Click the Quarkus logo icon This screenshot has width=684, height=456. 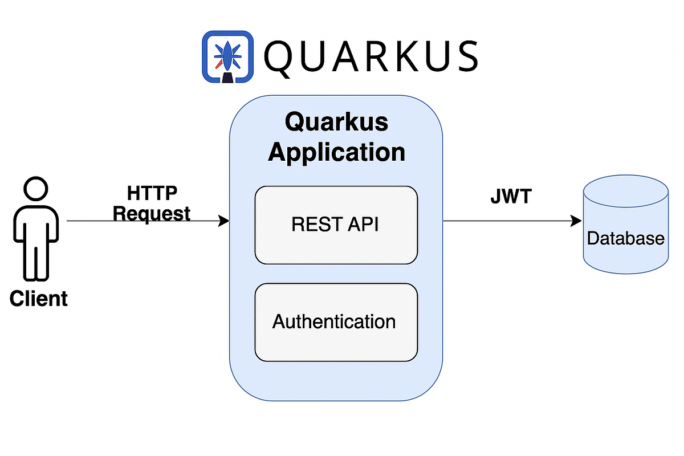[x=227, y=57]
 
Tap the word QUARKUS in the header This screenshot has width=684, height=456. [x=370, y=56]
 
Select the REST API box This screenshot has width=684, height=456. [x=336, y=225]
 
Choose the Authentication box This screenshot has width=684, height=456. [x=336, y=322]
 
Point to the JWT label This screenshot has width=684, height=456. [x=511, y=197]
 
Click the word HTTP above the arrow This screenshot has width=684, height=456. [x=152, y=194]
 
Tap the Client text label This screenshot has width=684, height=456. [x=39, y=299]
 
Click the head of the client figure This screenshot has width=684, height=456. [x=35, y=189]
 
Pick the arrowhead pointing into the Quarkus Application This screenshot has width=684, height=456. [x=225, y=221]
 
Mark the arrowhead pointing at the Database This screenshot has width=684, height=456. [x=577, y=221]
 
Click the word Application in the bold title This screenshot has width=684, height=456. [x=337, y=152]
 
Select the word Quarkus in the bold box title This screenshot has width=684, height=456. [x=337, y=122]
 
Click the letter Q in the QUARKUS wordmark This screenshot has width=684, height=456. [x=280, y=58]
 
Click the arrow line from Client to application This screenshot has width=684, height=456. [x=142, y=221]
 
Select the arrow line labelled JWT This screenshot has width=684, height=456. [x=507, y=221]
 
